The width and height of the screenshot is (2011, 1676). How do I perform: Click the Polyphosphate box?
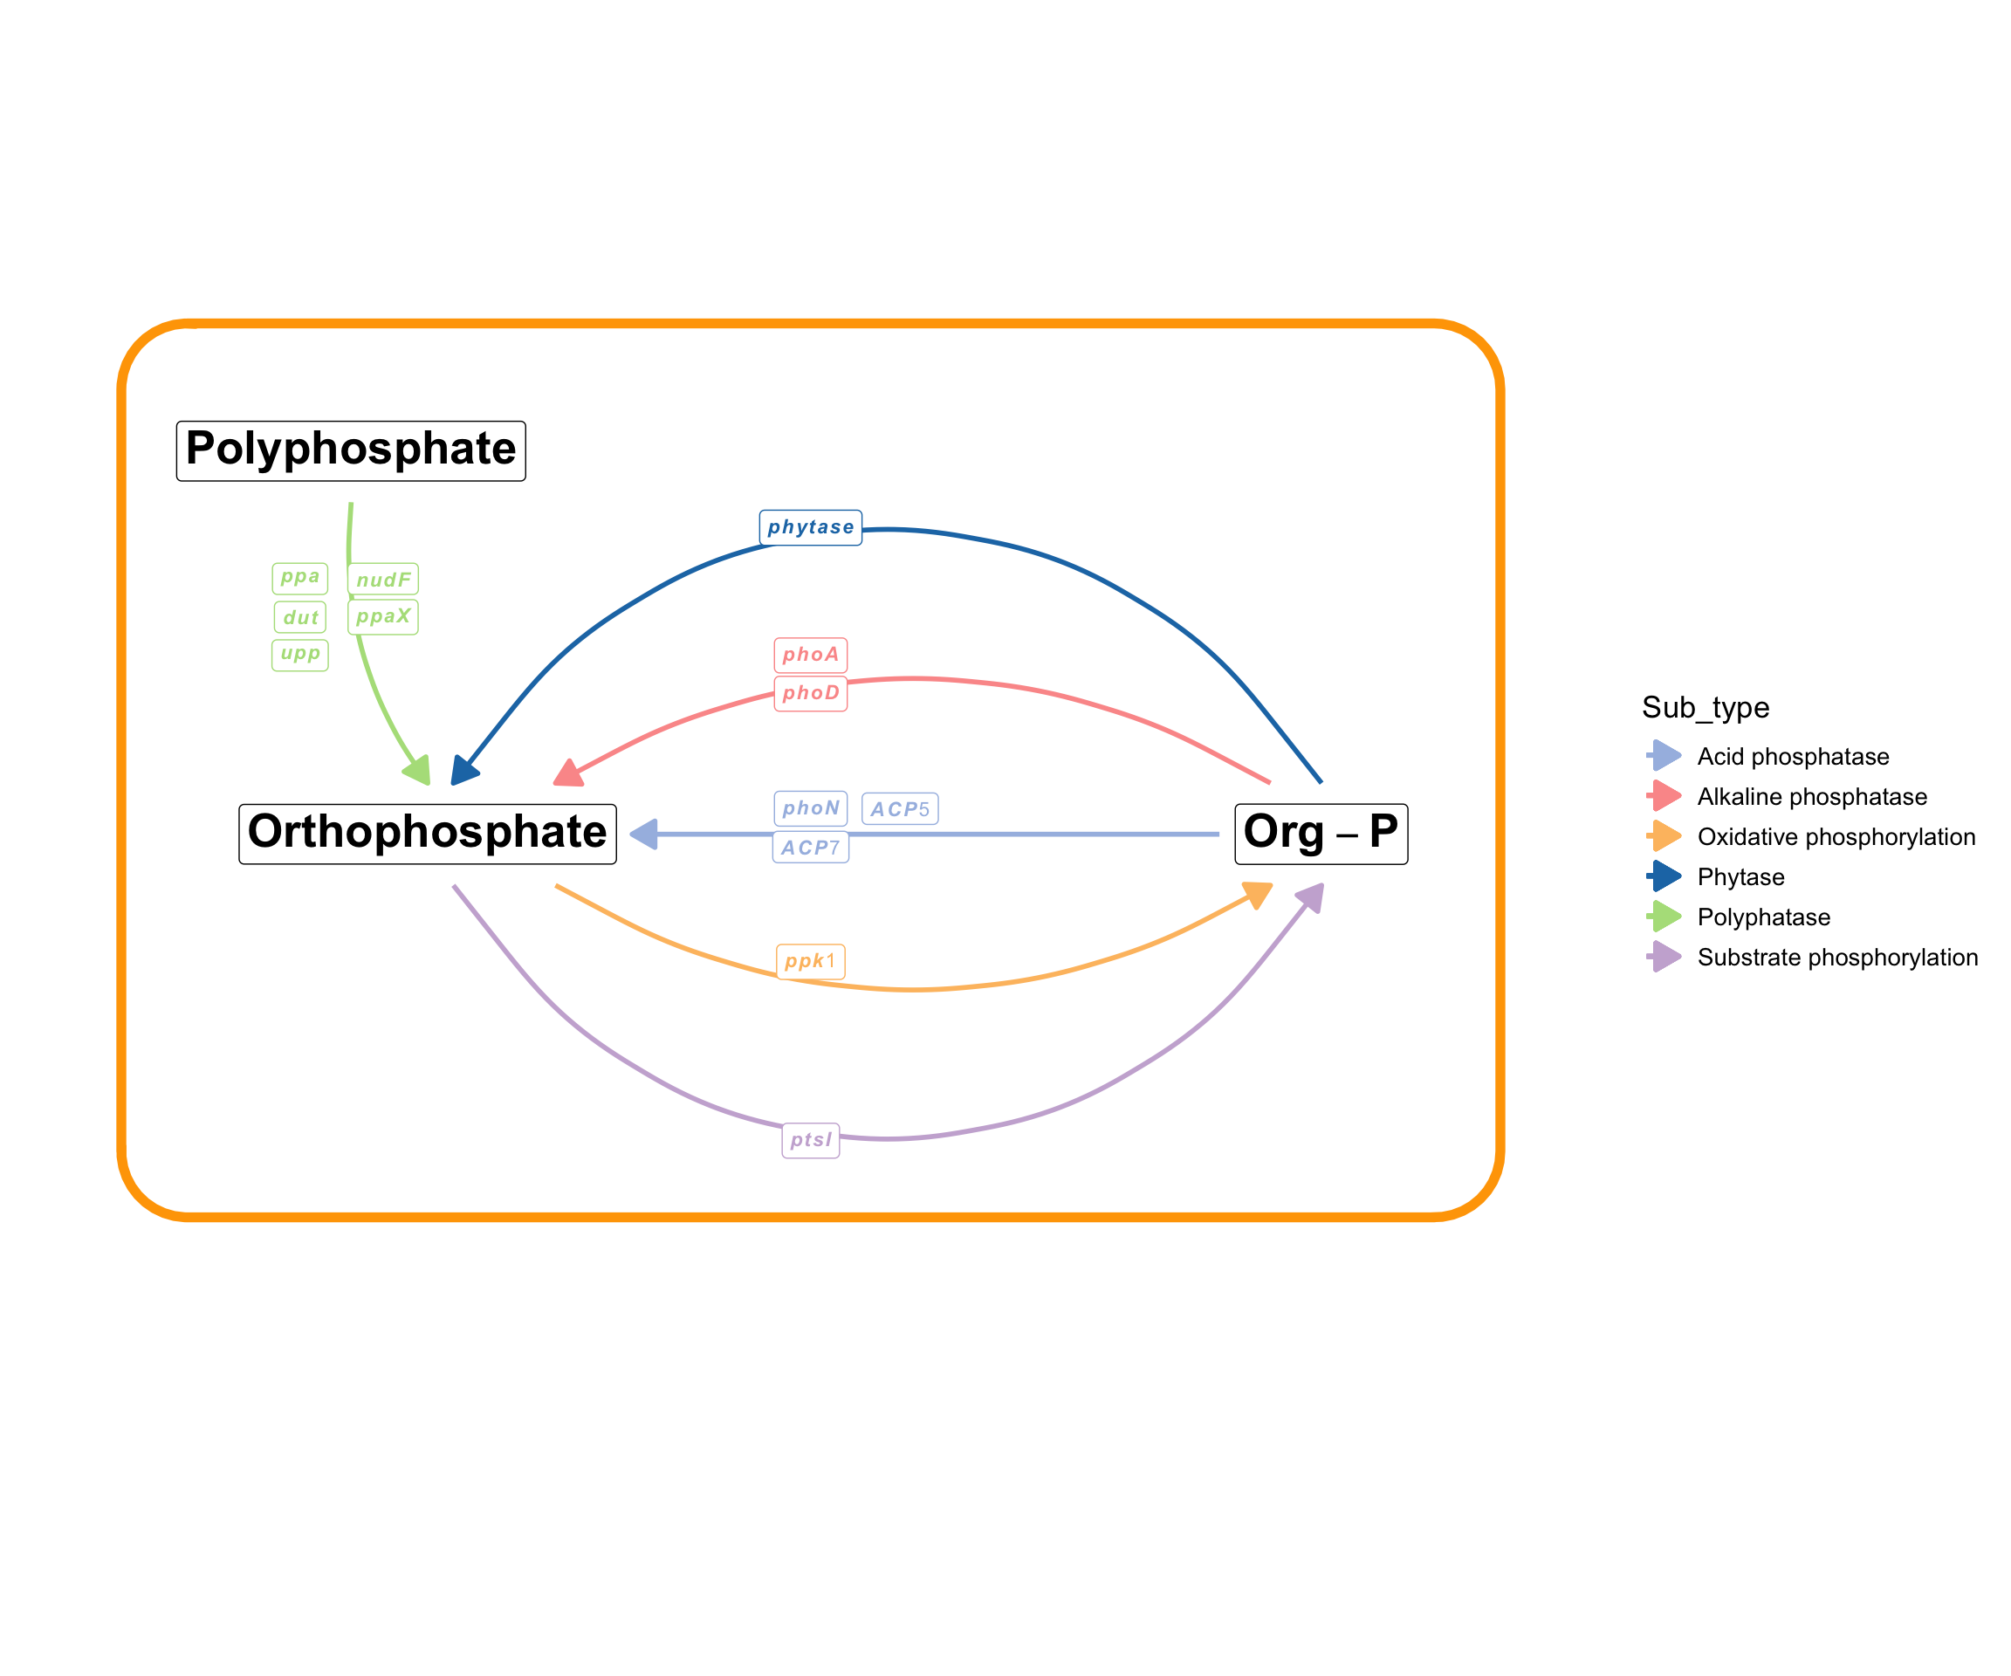[351, 450]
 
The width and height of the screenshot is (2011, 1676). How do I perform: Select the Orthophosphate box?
[427, 834]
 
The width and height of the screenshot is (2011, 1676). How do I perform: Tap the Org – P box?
[1321, 834]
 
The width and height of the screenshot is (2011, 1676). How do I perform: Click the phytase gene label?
[810, 528]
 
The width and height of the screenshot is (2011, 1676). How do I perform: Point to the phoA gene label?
[810, 655]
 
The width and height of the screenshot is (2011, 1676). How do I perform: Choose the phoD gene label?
[810, 693]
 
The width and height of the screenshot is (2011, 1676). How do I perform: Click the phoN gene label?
[810, 808]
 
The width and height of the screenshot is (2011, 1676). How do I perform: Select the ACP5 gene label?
[899, 809]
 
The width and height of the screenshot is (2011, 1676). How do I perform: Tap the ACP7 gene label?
[810, 848]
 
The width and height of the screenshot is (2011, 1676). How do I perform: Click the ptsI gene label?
[810, 1141]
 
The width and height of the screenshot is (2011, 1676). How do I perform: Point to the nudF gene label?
[383, 580]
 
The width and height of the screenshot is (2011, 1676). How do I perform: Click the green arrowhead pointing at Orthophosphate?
[418, 770]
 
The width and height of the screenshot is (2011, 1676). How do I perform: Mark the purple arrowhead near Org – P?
[1311, 897]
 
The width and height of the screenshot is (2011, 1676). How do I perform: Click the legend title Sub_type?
[1706, 708]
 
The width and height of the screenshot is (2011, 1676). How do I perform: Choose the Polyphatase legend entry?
[1763, 917]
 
